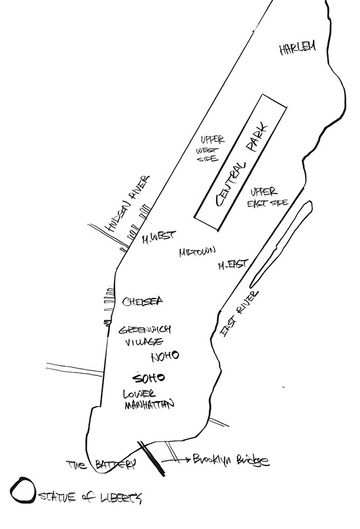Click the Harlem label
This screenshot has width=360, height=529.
[297, 48]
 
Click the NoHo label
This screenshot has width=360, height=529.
[164, 357]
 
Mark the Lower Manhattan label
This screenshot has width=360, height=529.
[149, 399]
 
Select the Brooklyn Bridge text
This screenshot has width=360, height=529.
[231, 460]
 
